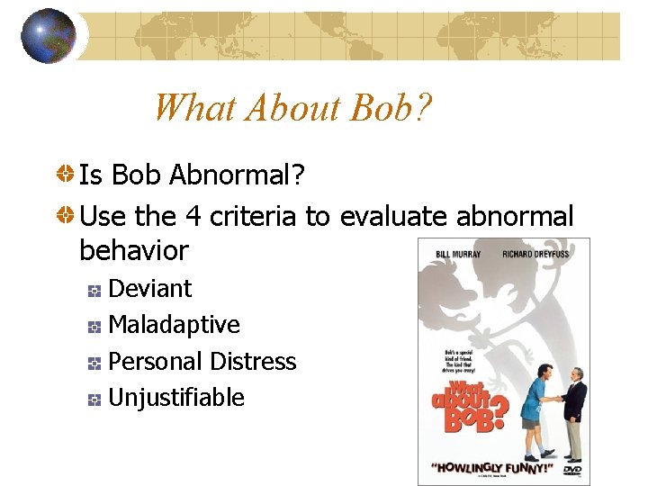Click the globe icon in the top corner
tap(48, 36)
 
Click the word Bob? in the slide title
tap(391, 108)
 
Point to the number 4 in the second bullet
tap(193, 217)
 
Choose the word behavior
tap(134, 250)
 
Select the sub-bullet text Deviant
tap(149, 289)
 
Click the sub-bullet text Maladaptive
tap(174, 325)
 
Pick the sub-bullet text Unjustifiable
tap(175, 397)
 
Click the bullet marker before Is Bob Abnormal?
tap(66, 175)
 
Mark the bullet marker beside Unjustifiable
tap(94, 399)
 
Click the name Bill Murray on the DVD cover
tap(459, 254)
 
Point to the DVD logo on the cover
tap(571, 469)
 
